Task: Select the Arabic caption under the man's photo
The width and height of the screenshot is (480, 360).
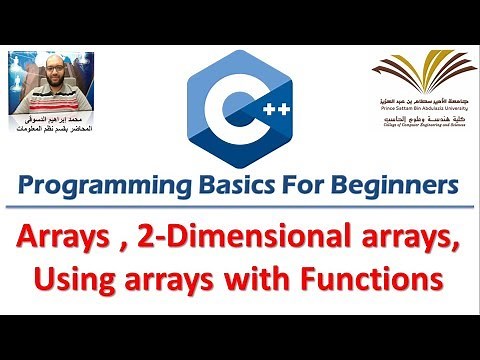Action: click(x=52, y=127)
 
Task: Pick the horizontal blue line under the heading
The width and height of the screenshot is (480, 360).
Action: click(x=240, y=207)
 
